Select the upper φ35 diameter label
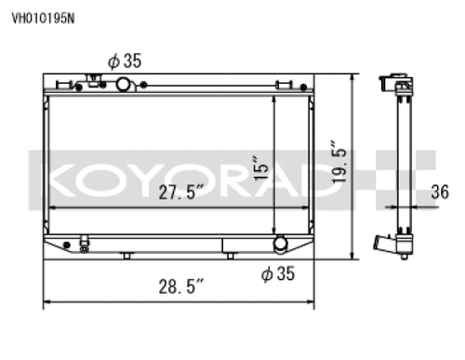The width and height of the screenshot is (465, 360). pyautogui.click(x=124, y=61)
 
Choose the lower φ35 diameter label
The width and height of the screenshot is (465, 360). pyautogui.click(x=277, y=273)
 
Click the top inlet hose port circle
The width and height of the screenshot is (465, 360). pyautogui.click(x=123, y=86)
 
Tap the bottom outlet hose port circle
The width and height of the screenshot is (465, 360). pyautogui.click(x=279, y=246)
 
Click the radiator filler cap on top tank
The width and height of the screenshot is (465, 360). pyautogui.click(x=93, y=81)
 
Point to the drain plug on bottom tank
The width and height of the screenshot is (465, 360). pyautogui.click(x=85, y=247)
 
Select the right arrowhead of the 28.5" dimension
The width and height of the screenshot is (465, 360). pyautogui.click(x=312, y=300)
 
